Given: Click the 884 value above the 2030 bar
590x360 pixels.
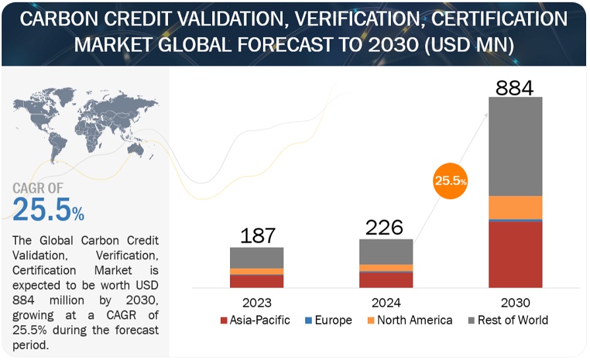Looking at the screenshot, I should click(515, 86).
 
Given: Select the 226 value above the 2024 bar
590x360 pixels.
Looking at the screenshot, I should click(385, 227).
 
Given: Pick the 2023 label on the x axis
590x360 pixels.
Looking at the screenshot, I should click(256, 303).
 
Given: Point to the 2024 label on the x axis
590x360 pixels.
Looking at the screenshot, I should click(386, 303).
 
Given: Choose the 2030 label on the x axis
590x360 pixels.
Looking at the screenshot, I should click(515, 303).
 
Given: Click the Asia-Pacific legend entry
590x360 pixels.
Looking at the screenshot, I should click(253, 320).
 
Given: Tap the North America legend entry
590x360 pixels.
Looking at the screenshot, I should click(409, 320).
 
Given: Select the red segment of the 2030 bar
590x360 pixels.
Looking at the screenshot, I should click(515, 255).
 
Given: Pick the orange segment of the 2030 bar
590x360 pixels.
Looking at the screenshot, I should click(515, 207).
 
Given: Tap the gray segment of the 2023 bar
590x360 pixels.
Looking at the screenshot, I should click(256, 257).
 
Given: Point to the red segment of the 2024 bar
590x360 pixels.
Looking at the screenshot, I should click(386, 280).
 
